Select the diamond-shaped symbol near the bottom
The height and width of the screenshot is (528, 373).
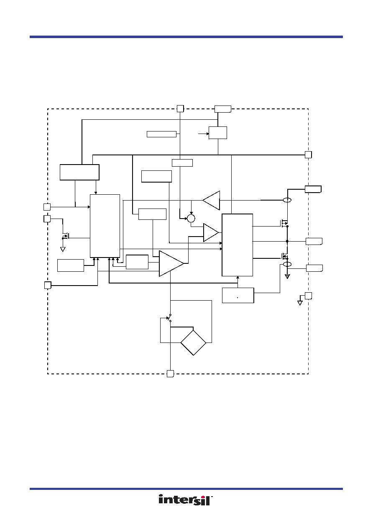pos(193,343)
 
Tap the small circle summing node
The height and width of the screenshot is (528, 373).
pos(191,218)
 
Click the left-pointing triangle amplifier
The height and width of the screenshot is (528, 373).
pos(211,201)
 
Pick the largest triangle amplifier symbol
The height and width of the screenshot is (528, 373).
pos(171,263)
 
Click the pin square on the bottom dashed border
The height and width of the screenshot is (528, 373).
pos(170,373)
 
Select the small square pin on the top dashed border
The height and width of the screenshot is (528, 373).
pos(180,108)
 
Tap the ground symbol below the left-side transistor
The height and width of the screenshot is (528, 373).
pos(63,249)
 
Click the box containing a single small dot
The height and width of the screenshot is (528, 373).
pos(238,295)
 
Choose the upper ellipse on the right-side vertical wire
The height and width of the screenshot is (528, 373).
pos(287,200)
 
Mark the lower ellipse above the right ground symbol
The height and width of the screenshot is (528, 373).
pos(287,264)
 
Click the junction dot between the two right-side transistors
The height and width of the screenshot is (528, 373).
pos(287,241)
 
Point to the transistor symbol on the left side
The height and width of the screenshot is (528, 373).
pos(66,236)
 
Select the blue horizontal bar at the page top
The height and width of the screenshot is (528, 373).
pos(186,37)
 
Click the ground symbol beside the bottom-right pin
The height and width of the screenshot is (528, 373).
pos(300,303)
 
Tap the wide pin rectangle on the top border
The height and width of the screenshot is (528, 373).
pos(222,109)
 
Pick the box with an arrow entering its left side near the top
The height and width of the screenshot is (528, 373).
pos(218,133)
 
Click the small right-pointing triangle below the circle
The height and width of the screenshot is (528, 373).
pos(211,232)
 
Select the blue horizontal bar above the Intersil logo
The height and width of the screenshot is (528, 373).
pos(186,489)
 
